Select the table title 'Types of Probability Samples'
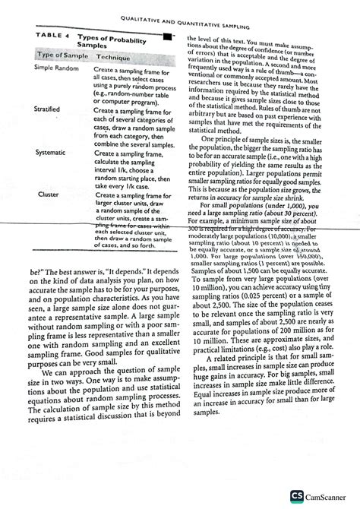point(103,43)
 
